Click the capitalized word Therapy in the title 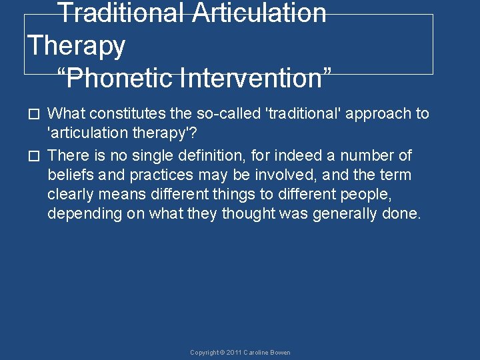77,46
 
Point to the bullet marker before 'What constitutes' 37,115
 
